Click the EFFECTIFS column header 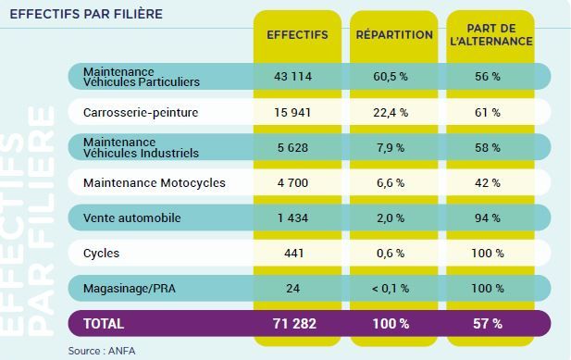tap(297, 35)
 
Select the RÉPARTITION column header tap(394, 34)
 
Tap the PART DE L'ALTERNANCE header tap(491, 35)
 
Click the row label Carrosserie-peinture tap(141, 113)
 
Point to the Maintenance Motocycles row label tap(155, 182)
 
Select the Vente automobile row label tap(131, 218)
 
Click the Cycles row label tap(101, 254)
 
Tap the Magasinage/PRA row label tap(130, 289)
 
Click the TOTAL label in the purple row tap(104, 324)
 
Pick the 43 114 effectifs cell tap(292, 77)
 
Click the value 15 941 tap(292, 113)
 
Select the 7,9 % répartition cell tap(391, 148)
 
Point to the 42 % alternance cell tap(487, 182)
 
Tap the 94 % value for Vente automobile tap(487, 218)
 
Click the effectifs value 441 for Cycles tap(293, 254)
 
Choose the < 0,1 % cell tap(391, 289)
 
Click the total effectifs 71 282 tap(294, 324)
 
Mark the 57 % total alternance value tap(488, 324)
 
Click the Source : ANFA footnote tap(102, 351)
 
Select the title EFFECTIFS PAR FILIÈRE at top tap(86, 14)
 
